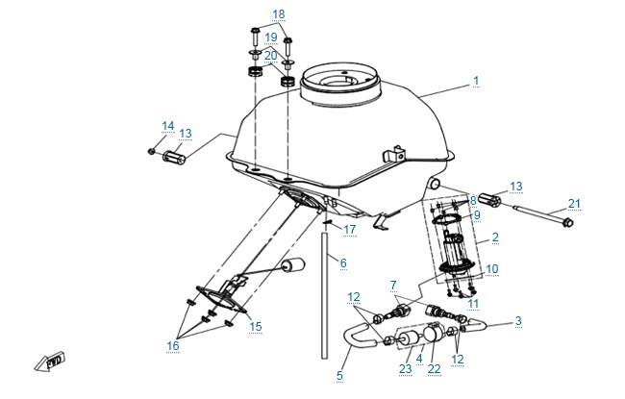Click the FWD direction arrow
[49, 362]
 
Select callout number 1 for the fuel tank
[476, 81]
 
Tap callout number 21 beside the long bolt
[574, 204]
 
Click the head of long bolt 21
[567, 222]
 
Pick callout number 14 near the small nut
[168, 126]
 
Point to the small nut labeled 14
[152, 151]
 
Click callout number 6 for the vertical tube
[343, 263]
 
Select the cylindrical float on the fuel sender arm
[293, 265]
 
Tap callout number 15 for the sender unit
[256, 327]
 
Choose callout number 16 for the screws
[172, 345]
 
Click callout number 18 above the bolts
[279, 14]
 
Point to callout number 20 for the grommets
[270, 56]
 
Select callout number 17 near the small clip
[350, 230]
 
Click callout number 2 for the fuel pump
[495, 237]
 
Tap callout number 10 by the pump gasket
[492, 269]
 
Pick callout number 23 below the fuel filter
[406, 368]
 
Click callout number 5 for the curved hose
[339, 376]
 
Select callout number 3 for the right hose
[518, 321]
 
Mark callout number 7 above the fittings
[393, 286]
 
